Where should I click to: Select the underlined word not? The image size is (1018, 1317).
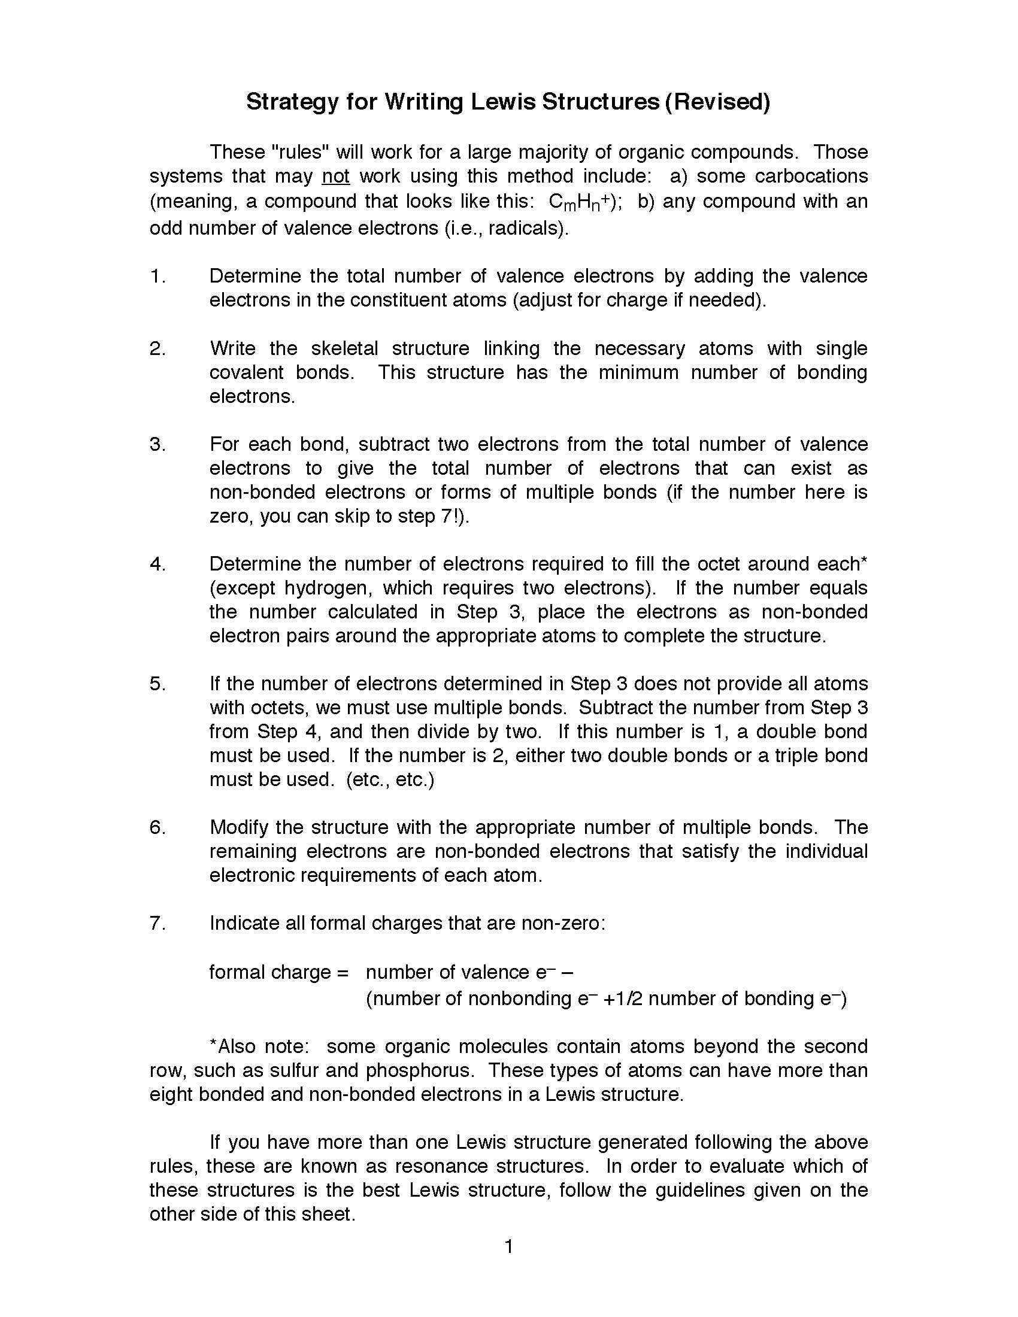335,176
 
